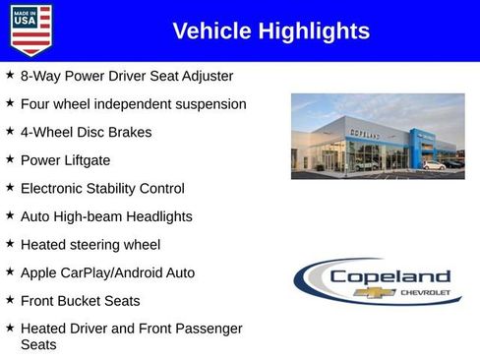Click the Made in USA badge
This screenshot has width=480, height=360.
point(30,30)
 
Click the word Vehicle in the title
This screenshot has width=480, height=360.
point(210,31)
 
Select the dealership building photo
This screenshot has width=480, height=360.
point(378,136)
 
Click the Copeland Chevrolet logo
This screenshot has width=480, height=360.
point(378,281)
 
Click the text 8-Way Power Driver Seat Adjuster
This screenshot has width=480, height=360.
point(127,76)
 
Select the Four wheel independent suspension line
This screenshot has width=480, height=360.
point(133,103)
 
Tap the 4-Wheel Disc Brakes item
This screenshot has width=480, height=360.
point(87,132)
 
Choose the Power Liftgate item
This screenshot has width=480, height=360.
point(65,159)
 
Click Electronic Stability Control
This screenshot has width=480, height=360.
point(102,188)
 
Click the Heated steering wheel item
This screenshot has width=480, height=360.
point(90,244)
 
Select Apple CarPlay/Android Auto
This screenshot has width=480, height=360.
point(107,272)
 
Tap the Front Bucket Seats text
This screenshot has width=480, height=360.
point(81,301)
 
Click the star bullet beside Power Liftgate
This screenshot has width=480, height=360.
point(10,158)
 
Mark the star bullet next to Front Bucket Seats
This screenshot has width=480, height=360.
point(10,300)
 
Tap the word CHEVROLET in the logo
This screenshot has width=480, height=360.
point(425,293)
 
